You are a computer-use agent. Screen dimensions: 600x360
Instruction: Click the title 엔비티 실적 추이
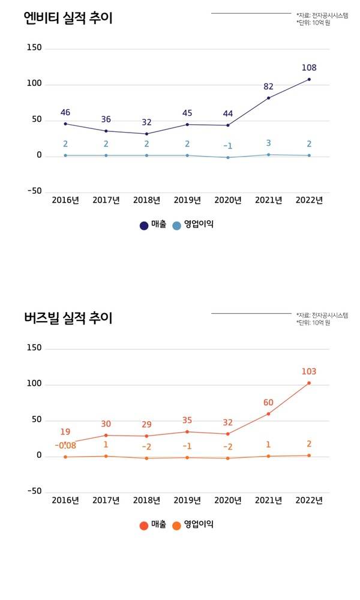pyautogui.click(x=68, y=18)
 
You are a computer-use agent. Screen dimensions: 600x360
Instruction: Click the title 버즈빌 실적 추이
pyautogui.click(x=68, y=318)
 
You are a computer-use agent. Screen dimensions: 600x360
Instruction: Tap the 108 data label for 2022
pyautogui.click(x=309, y=68)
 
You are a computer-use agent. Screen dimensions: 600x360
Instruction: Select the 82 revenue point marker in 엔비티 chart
pyautogui.click(x=268, y=98)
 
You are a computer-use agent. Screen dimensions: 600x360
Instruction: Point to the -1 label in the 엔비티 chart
pyautogui.click(x=227, y=146)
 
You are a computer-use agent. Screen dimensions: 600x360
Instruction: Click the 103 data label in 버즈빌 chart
pyautogui.click(x=309, y=371)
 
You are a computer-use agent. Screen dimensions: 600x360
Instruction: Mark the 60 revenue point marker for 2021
pyautogui.click(x=268, y=413)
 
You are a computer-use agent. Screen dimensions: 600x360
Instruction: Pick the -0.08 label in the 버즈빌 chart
pyautogui.click(x=65, y=446)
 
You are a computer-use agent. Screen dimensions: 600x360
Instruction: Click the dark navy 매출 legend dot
pyautogui.click(x=144, y=226)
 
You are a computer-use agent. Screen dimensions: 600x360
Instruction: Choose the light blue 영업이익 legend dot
pyautogui.click(x=176, y=226)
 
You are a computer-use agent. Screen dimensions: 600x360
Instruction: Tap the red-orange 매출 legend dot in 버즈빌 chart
pyautogui.click(x=144, y=526)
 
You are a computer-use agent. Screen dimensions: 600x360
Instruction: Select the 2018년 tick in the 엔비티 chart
pyautogui.click(x=146, y=200)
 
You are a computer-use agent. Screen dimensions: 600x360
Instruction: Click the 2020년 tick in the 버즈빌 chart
pyautogui.click(x=227, y=500)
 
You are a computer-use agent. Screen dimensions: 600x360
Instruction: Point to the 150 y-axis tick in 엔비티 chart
pyautogui.click(x=34, y=48)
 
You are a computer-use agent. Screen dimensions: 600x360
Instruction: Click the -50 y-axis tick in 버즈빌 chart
pyautogui.click(x=34, y=491)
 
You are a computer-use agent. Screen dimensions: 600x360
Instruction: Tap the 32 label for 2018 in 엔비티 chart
pyautogui.click(x=146, y=122)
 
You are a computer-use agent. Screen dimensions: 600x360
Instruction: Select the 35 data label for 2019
pyautogui.click(x=187, y=420)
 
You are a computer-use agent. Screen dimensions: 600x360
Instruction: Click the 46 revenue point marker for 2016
pyautogui.click(x=65, y=124)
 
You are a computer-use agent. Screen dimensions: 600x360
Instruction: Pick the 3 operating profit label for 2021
pyautogui.click(x=268, y=143)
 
